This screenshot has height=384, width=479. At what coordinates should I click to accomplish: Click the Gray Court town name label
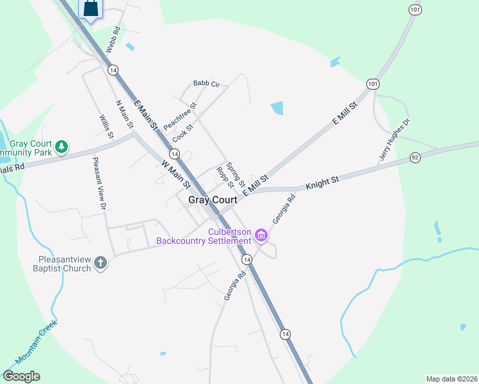[x=213, y=200]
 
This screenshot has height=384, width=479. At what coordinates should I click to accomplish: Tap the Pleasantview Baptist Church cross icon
[x=100, y=263]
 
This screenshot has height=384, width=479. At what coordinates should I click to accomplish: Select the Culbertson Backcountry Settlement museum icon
[x=261, y=236]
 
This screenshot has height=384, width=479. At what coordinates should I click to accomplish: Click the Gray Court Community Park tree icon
[x=61, y=147]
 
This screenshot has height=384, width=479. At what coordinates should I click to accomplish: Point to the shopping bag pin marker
[x=90, y=9]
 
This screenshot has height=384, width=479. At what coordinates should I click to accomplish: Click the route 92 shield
[x=415, y=157]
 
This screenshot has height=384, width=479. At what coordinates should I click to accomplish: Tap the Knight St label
[x=321, y=184]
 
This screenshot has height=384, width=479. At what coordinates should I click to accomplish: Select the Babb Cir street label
[x=206, y=84]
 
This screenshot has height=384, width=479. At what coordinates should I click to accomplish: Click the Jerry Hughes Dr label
[x=394, y=139]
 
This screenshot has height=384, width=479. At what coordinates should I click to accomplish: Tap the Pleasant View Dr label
[x=99, y=184]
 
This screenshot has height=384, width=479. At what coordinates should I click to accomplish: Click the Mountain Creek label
[x=37, y=339]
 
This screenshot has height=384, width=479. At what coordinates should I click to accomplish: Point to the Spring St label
[x=236, y=173]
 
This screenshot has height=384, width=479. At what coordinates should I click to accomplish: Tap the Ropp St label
[x=226, y=177]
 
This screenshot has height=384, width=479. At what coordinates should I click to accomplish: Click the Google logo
[x=21, y=376]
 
